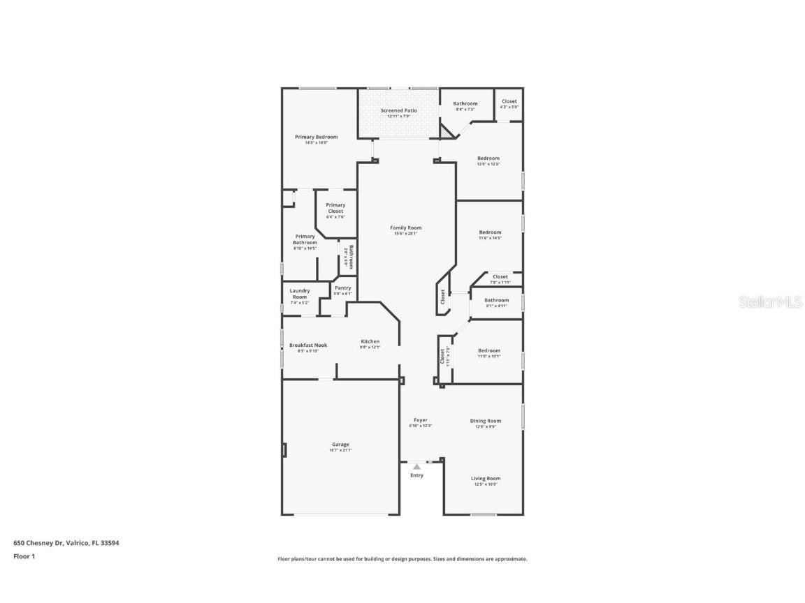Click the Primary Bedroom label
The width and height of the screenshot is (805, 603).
click(x=316, y=137)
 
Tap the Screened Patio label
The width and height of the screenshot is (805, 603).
click(x=398, y=110)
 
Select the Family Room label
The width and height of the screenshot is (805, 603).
click(x=405, y=228)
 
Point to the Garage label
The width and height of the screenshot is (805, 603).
click(x=340, y=445)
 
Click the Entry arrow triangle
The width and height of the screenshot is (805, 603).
click(x=416, y=466)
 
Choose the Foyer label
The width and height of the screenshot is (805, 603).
click(x=420, y=420)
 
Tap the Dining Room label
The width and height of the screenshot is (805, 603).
click(x=485, y=421)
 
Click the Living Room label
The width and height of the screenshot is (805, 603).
click(x=485, y=479)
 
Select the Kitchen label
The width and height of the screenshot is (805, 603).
click(x=370, y=341)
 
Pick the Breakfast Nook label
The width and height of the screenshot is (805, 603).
click(x=307, y=345)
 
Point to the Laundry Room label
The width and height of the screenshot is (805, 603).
click(x=299, y=294)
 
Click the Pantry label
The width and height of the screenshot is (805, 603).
click(x=342, y=288)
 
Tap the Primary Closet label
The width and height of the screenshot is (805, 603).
click(x=335, y=208)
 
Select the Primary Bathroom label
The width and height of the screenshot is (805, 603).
click(x=305, y=239)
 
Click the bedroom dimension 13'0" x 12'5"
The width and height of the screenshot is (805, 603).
click(x=488, y=164)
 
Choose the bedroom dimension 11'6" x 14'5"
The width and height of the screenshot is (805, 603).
click(x=490, y=238)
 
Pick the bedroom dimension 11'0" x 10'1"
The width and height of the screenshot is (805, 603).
click(x=489, y=356)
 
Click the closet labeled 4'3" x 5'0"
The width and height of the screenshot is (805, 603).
click(x=509, y=107)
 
